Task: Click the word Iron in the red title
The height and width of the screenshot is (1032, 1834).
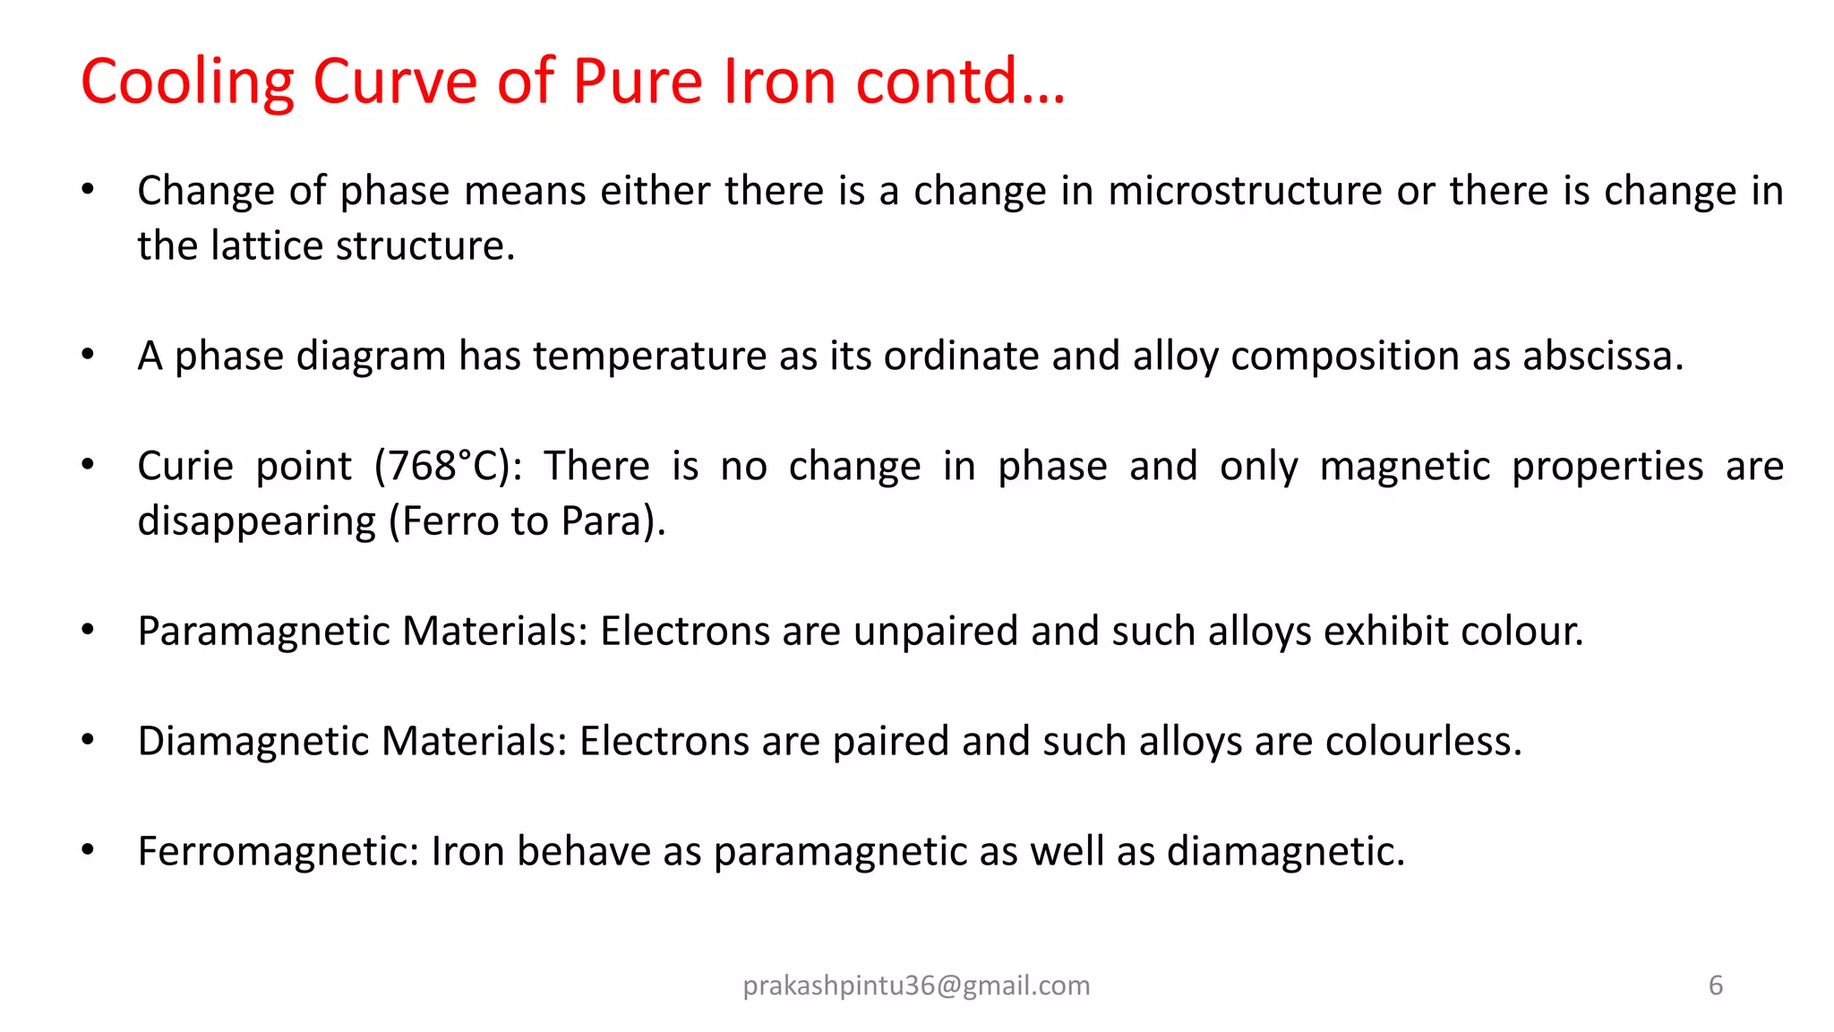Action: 779,81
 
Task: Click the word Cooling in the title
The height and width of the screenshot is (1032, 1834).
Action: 187,82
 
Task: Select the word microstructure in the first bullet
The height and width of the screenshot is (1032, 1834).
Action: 1245,191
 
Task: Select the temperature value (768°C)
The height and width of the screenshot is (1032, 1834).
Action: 449,467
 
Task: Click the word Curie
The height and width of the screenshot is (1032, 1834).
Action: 185,467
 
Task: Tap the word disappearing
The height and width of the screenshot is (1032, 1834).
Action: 256,521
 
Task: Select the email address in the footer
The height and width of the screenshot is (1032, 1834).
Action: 916,985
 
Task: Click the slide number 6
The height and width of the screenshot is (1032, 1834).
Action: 1716,985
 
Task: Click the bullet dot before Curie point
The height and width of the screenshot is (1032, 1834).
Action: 88,465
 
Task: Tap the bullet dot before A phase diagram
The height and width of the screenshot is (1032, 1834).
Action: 88,355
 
